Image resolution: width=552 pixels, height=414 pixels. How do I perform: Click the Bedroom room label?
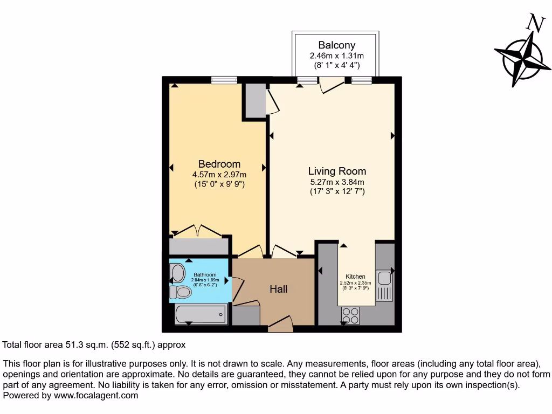[x=219, y=164]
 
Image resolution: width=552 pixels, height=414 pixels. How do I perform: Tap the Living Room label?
[x=337, y=171]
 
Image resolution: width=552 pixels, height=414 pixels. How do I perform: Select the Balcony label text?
[x=336, y=45]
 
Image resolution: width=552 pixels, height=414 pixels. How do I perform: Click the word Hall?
[x=278, y=289]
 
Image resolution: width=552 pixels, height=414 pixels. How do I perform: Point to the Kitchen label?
[x=355, y=277]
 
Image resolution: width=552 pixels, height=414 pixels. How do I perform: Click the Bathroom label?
[x=205, y=275]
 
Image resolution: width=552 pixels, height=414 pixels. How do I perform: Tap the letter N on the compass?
[x=534, y=23]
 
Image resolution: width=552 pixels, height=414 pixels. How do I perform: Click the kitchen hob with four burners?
[x=350, y=315]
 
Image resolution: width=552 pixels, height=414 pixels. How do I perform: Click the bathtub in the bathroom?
[x=201, y=314]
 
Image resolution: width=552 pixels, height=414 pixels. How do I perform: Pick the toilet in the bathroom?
[x=181, y=292]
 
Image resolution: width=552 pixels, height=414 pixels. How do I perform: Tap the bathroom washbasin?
[x=177, y=273]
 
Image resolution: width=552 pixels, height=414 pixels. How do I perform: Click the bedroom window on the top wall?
[x=224, y=80]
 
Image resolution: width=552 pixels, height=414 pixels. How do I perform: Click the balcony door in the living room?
[x=330, y=85]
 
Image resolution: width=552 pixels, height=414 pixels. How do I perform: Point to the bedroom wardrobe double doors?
[x=198, y=231]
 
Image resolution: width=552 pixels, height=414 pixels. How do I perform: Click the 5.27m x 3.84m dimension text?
[x=337, y=182]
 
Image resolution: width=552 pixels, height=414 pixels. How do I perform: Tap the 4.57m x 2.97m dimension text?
[x=219, y=174]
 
